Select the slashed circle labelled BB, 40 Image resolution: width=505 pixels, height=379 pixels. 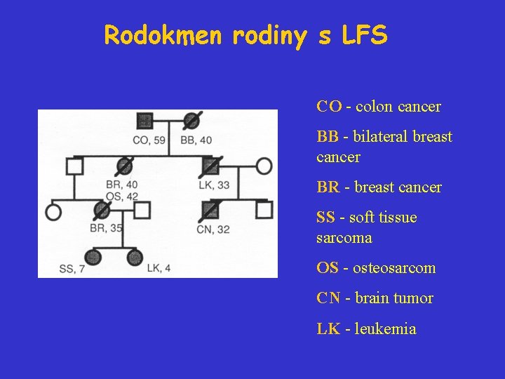[190, 121]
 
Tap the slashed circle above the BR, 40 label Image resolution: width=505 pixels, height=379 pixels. [123, 166]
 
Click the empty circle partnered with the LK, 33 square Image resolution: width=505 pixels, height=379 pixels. [264, 166]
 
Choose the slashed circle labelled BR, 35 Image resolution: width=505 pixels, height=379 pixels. [102, 210]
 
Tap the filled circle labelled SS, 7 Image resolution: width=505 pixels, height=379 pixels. [93, 258]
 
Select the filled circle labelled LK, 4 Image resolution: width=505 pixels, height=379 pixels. [135, 258]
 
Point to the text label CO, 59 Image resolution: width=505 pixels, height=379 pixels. [149, 140]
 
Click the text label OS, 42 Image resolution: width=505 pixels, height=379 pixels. [121, 195]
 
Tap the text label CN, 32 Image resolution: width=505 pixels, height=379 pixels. [213, 229]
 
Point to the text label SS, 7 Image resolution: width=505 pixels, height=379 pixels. [72, 269]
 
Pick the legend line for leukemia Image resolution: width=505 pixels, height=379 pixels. [366, 328]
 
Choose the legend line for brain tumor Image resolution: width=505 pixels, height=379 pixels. [375, 298]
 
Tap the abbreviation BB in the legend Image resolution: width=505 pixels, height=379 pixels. [327, 137]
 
